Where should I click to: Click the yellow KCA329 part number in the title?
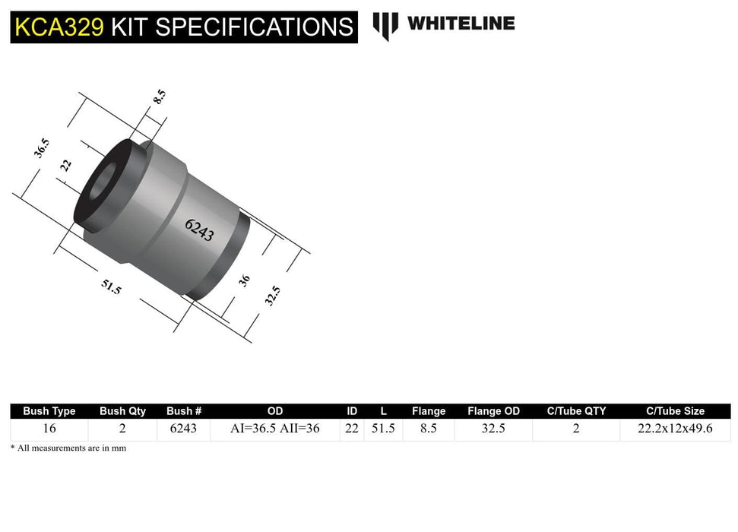point(59,27)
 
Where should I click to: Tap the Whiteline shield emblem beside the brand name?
point(385,25)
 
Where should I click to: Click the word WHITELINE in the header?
point(461,24)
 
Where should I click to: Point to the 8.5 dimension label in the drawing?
point(159,97)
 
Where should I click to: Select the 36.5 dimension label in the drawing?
point(41,147)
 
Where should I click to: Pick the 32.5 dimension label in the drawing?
point(272,296)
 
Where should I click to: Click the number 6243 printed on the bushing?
point(199,230)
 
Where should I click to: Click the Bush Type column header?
point(49,411)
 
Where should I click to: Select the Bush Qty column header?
point(122,411)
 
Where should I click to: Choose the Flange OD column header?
point(493,411)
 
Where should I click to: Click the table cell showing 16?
point(49,429)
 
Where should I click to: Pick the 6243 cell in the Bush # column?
point(183,429)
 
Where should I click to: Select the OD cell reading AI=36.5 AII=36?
point(275,429)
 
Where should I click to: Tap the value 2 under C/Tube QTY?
point(576,429)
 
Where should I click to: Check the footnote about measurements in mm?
point(68,448)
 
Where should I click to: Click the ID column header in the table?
point(352,411)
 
